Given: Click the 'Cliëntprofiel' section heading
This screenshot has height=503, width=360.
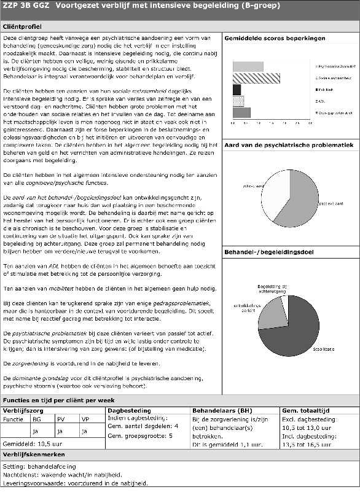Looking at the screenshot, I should tap(23, 28).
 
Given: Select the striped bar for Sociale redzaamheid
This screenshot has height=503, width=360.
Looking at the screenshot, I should tap(256, 78).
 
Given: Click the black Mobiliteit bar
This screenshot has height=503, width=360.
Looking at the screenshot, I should tap(237, 90).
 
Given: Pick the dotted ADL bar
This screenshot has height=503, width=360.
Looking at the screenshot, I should tap(238, 101).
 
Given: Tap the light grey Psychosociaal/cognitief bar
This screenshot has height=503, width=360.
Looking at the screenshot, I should tap(248, 66).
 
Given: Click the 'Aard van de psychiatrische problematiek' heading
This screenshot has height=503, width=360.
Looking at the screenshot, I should tap(289, 144).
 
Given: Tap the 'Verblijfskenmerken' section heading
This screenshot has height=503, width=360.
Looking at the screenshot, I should tap(30, 454).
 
